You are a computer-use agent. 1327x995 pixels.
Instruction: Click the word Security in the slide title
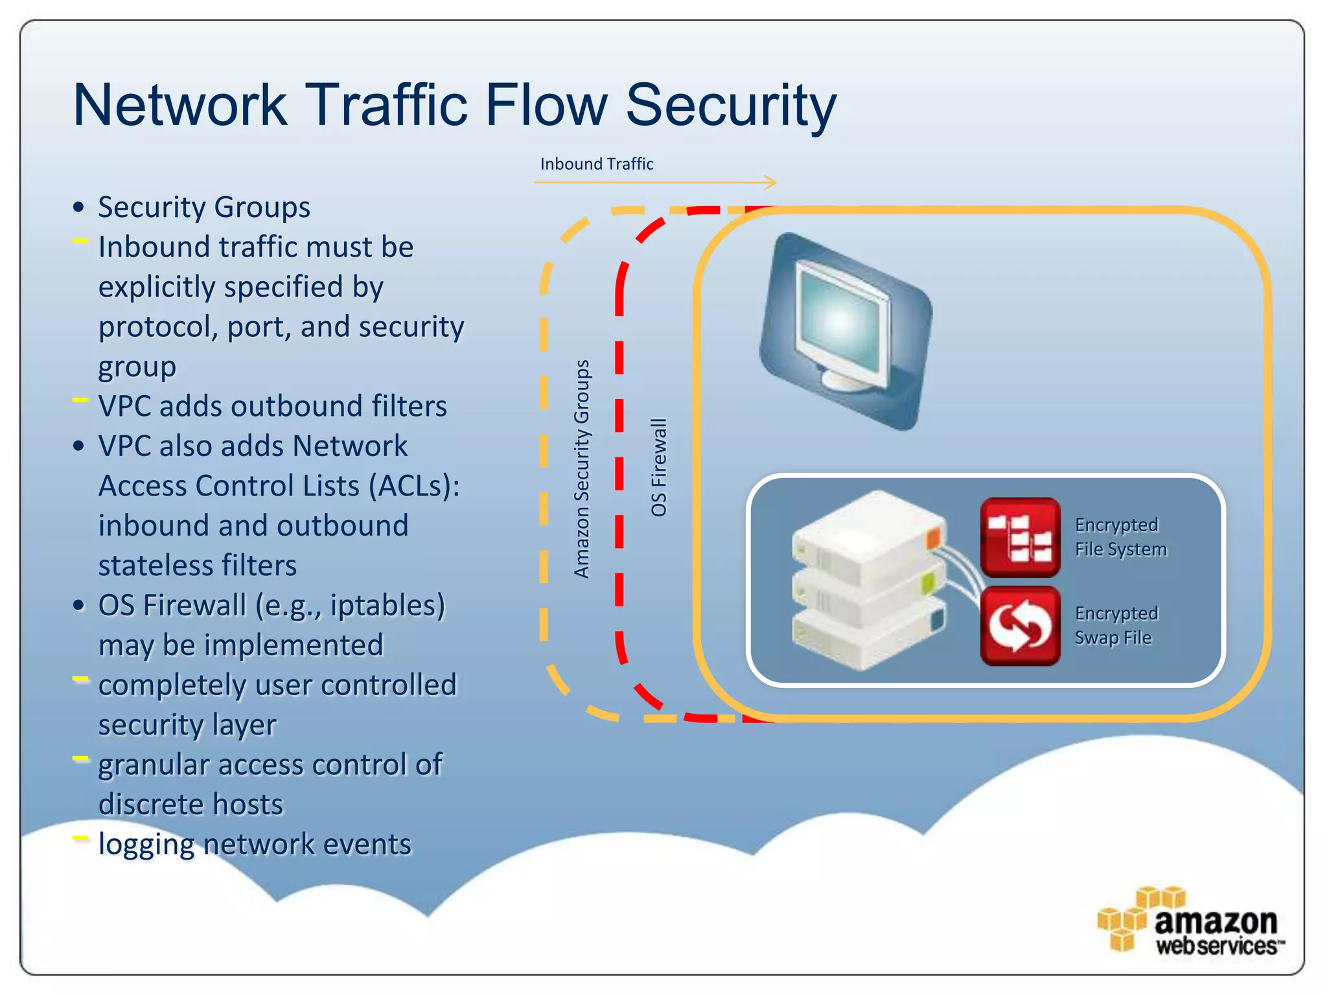coord(731,106)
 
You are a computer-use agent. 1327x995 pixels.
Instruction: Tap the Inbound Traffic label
coord(596,164)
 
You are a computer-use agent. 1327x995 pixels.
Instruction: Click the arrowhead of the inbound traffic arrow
coord(771,183)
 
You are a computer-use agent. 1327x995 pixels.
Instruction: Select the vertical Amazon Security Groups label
coord(582,469)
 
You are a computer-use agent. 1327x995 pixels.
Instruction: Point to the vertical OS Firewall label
coord(658,467)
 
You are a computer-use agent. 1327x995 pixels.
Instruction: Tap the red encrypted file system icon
coord(1020,537)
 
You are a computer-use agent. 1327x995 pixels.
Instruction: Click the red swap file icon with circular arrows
coord(1020,626)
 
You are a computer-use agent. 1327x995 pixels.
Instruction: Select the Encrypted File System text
coord(1120,537)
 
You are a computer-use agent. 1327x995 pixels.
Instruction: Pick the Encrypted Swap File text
coord(1116,626)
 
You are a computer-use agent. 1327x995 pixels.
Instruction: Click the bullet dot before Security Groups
coord(79,208)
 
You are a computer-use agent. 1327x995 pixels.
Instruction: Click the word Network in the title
coord(180,106)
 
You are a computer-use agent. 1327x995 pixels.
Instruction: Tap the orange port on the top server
coord(933,538)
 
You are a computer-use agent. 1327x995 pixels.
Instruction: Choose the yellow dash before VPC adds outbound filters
coord(80,400)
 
